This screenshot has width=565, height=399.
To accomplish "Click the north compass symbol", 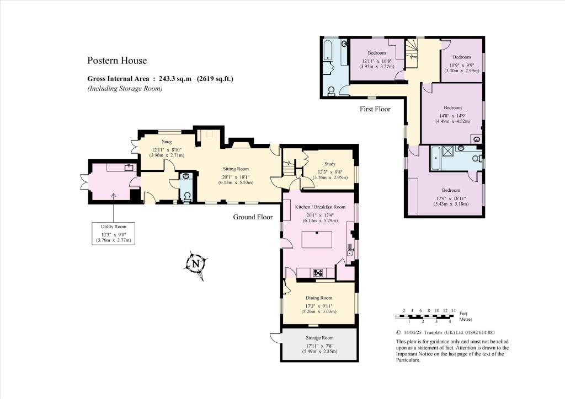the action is (x=196, y=265).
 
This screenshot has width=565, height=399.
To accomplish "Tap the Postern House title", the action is (x=117, y=61).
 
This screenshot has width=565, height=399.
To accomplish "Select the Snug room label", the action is (x=167, y=142).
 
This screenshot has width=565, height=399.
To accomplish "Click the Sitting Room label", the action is (x=236, y=169).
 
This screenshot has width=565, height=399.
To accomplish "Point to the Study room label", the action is (x=330, y=164).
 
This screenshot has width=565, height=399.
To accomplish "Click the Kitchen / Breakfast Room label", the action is (x=320, y=207).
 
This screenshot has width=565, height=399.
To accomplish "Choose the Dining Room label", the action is (x=319, y=298).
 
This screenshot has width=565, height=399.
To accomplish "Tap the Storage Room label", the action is (x=319, y=338).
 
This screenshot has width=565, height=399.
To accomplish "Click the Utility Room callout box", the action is (x=114, y=234).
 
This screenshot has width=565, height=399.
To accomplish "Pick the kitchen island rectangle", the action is (x=317, y=240).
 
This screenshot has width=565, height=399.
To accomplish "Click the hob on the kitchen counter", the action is (x=318, y=273).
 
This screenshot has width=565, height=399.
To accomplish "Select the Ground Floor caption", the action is (x=253, y=217).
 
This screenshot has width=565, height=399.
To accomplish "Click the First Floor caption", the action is (x=375, y=109).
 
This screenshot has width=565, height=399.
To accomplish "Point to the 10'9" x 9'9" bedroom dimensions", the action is (x=462, y=66).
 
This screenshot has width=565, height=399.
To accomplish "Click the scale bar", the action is (x=424, y=317).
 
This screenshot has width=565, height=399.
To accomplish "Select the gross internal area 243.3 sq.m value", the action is (x=175, y=79).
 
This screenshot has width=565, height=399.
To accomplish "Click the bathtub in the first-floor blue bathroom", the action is (x=328, y=49).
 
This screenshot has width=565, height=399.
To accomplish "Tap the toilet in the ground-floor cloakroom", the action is (x=188, y=197).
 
